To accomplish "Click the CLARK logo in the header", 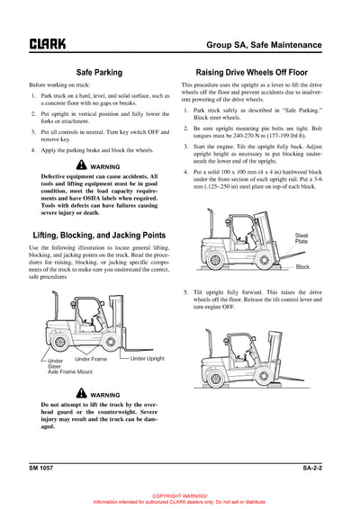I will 47,42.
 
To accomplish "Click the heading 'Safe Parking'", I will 99,70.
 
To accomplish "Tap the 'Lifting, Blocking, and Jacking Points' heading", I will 99,235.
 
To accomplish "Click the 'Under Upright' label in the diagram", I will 148,359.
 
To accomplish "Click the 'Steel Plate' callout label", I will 301,238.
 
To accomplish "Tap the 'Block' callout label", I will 302,267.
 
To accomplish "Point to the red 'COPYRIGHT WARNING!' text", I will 180,496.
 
